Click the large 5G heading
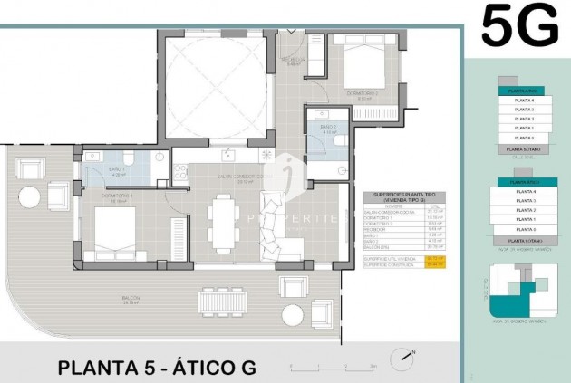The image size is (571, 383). tap(519, 25)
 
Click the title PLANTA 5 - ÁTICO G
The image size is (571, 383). tap(157, 368)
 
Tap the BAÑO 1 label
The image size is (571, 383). tap(118, 170)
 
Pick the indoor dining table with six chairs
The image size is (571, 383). tap(222, 223)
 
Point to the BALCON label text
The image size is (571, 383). tap(132, 298)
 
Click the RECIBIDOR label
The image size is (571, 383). tap(294, 62)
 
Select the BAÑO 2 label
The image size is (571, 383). tap(330, 129)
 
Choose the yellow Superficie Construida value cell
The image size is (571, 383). tap(435, 264)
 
